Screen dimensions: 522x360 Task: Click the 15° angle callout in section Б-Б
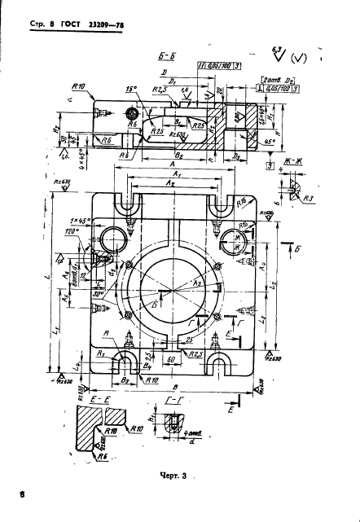pos(131,90)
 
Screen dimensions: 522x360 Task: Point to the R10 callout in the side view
pos(79,86)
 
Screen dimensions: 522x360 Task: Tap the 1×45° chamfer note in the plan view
pos(79,221)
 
